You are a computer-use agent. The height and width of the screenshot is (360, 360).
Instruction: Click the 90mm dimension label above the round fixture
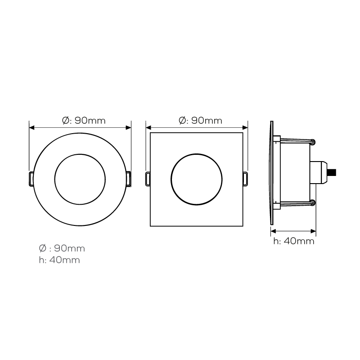[x=84, y=120]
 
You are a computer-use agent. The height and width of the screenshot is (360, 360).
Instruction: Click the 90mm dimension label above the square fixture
[x=200, y=120]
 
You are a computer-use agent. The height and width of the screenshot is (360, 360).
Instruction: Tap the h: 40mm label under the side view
[x=294, y=241]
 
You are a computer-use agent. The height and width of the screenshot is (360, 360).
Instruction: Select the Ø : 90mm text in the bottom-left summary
[x=62, y=248]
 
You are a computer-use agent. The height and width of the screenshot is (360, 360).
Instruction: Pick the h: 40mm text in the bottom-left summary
[x=59, y=260]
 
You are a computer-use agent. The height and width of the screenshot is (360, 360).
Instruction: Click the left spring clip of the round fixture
[x=31, y=179]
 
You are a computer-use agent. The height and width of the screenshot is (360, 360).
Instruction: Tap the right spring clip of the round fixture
[x=129, y=179]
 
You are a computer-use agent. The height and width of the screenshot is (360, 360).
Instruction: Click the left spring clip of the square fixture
[x=148, y=179]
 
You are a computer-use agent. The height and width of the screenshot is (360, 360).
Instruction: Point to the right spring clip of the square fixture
[x=245, y=179]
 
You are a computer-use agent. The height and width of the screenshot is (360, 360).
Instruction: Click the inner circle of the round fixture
[x=55, y=179]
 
